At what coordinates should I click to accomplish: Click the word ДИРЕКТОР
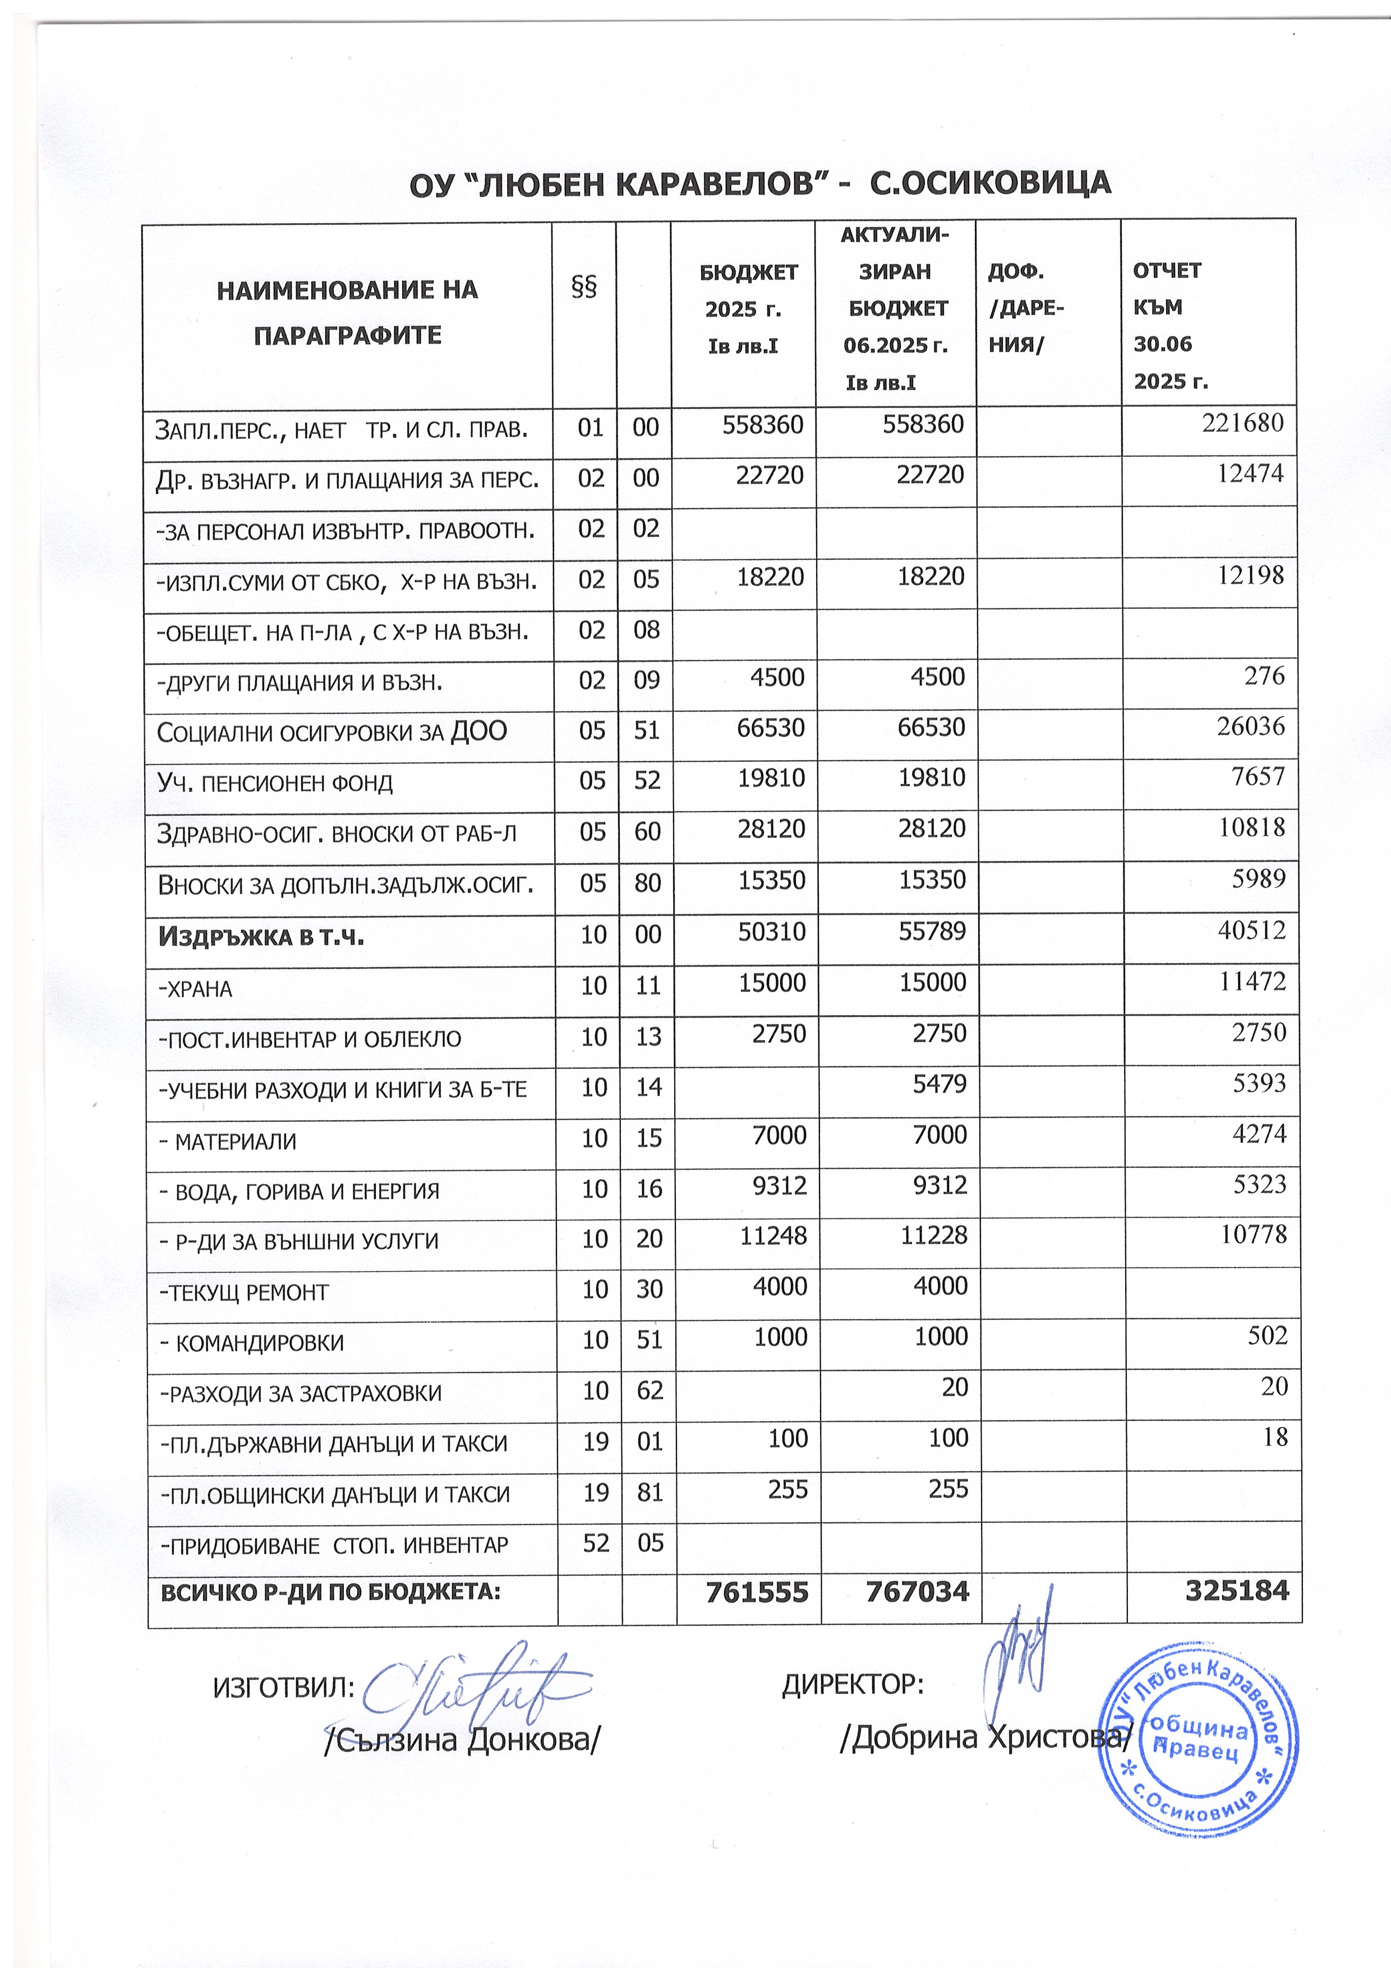click(x=853, y=1685)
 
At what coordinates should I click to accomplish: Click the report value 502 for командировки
click(x=1268, y=1335)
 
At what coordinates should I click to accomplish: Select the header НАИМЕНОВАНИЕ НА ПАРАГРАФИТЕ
click(x=347, y=312)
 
